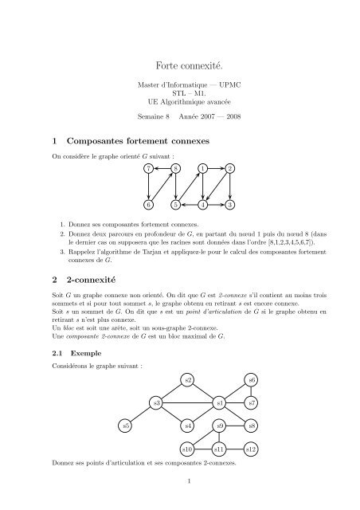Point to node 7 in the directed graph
tap(149, 168)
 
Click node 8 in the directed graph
tap(176, 168)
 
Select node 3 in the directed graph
tap(229, 205)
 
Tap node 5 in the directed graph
tap(176, 205)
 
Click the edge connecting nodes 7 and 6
tap(149, 186)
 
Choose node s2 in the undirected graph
tap(188, 380)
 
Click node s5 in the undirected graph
tap(126, 426)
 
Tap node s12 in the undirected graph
tap(251, 449)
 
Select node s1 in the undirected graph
tap(220, 403)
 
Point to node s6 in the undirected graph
tap(251, 380)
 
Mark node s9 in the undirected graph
tap(220, 426)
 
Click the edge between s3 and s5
tap(142, 414)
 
